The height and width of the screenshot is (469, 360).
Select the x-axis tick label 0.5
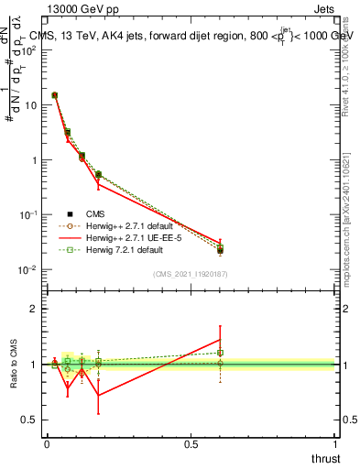point(191,444)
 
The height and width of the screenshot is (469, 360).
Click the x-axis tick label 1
point(335,444)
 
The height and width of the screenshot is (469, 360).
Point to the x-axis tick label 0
point(47,444)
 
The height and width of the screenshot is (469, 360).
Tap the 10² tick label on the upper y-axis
point(29,49)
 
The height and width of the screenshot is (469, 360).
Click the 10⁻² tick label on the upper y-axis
point(29,269)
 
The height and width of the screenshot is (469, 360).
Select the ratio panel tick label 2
point(34,309)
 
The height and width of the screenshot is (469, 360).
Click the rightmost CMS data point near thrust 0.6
point(220,250)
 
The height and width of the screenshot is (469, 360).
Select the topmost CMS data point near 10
point(55,94)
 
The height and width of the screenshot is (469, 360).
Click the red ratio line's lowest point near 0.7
point(98,396)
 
